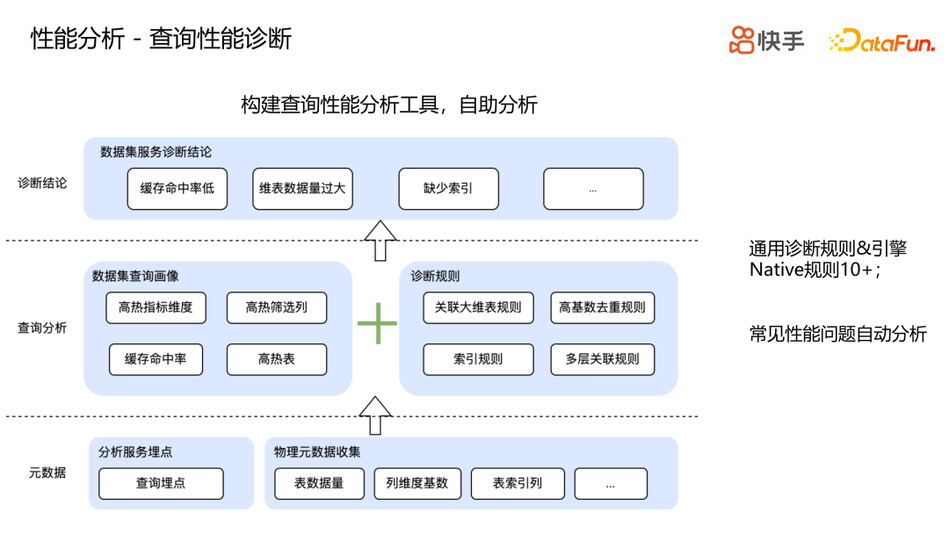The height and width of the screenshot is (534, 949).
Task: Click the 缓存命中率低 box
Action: pos(177,189)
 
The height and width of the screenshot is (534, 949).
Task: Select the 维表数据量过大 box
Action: pos(302,189)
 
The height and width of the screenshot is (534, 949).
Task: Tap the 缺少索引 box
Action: pos(448,189)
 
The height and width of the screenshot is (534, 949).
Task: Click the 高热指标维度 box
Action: pos(156,307)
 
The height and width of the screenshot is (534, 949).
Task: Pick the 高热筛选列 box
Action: pos(276,307)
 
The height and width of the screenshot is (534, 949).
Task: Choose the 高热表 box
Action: pos(276,359)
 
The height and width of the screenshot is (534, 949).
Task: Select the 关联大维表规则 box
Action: pos(478,307)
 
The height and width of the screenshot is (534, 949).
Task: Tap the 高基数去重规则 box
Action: pos(602,307)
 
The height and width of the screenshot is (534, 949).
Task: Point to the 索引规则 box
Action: pos(478,359)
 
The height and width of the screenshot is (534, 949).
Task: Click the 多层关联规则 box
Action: pos(602,359)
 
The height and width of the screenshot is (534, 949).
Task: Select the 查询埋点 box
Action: pos(161,483)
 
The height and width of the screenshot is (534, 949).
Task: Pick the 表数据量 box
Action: pos(318,483)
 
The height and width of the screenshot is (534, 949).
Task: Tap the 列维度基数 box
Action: pos(417,483)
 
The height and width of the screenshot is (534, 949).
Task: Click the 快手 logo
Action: pos(766,40)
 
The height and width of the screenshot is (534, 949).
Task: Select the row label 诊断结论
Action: pos(42,184)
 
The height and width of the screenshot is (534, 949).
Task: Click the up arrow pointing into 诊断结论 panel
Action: pos(380,240)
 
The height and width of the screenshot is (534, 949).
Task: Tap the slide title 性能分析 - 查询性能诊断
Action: pos(161,39)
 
